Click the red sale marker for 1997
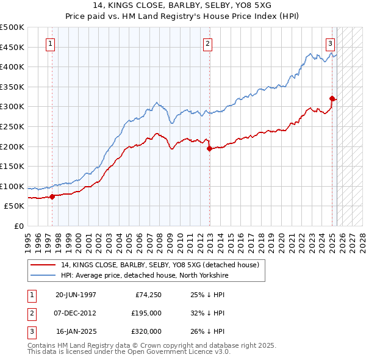(52, 196)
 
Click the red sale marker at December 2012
(209, 148)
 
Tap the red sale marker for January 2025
(332, 98)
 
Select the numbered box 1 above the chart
(49, 43)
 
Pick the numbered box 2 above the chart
(208, 43)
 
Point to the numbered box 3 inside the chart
(330, 43)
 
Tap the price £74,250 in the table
(148, 295)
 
